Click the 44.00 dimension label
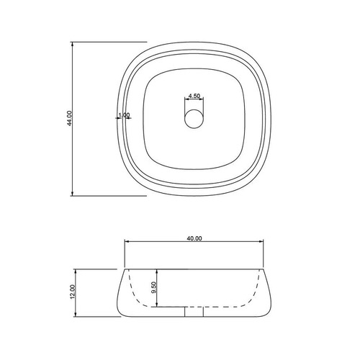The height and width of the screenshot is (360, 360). point(69,118)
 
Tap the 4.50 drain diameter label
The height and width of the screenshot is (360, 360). point(194,96)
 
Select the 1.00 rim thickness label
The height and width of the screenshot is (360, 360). point(124,115)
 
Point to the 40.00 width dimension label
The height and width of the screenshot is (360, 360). point(194,238)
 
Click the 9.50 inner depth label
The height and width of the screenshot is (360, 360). point(154,287)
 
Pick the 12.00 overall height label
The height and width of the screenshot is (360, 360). point(73,292)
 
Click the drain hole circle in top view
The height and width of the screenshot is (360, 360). point(194,119)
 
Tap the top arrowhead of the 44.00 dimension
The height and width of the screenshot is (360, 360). point(72,44)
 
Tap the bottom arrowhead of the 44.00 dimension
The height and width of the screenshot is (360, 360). point(72,194)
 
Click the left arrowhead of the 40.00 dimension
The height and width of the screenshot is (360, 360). point(127,242)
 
